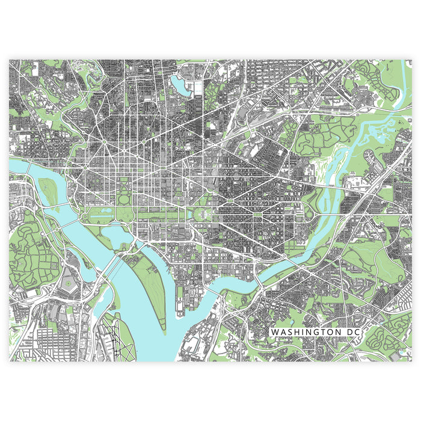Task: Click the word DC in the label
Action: (350, 332)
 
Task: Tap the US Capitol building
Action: (203, 214)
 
